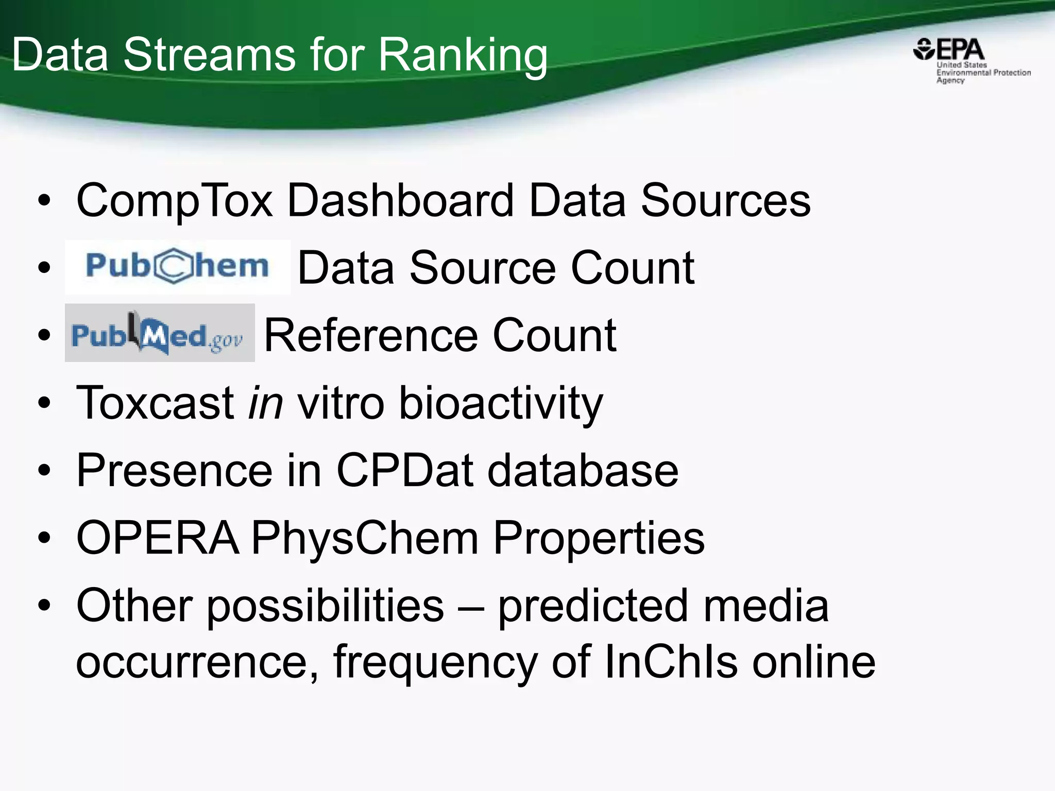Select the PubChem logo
[177, 267]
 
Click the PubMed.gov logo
[159, 333]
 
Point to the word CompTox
[174, 201]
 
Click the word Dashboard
[400, 200]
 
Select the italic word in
[265, 403]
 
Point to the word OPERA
[158, 538]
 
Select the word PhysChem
[365, 539]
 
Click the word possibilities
[325, 606]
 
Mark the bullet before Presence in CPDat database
[45, 470]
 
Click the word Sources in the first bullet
[725, 200]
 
